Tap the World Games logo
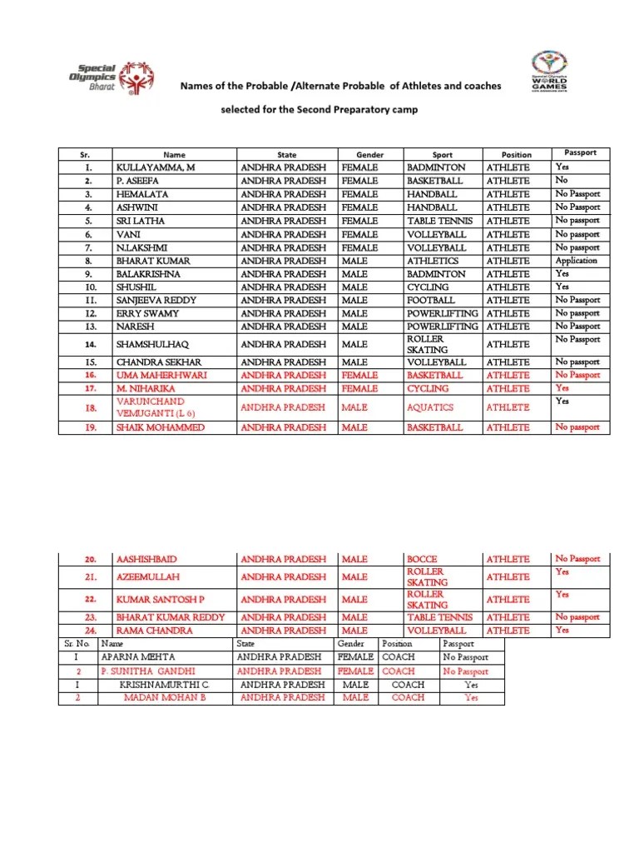click(x=549, y=72)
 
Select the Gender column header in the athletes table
click(x=369, y=155)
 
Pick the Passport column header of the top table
click(x=580, y=153)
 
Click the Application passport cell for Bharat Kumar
click(x=577, y=261)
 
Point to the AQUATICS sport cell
click(x=430, y=407)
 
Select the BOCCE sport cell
click(x=422, y=559)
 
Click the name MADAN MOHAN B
click(x=164, y=697)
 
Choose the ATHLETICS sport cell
click(x=433, y=261)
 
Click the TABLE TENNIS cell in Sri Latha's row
click(x=440, y=221)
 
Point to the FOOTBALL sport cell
click(x=431, y=300)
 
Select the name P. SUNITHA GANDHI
click(x=148, y=671)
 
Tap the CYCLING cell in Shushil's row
click(x=428, y=287)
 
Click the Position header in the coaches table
click(x=396, y=644)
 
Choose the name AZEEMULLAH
click(x=148, y=576)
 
